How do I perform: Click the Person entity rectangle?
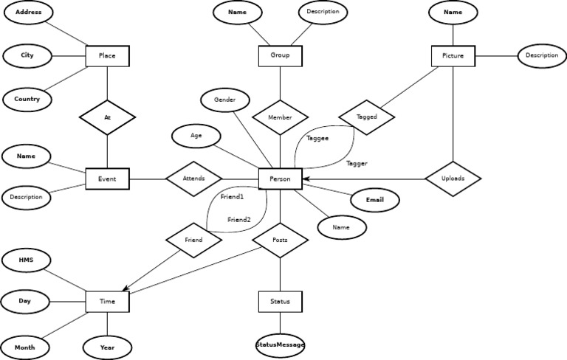point(280,179)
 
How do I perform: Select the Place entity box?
point(107,55)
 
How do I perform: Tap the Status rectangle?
point(280,301)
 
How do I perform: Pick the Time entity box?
point(107,301)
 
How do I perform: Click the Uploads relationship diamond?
point(453,178)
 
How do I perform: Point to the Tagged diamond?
point(367,117)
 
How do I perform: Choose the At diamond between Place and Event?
point(107,117)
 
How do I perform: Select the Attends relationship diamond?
point(193,179)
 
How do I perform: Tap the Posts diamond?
point(280,240)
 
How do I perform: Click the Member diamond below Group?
point(280,117)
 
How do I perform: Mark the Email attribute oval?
point(374,200)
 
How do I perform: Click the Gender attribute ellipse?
point(225,100)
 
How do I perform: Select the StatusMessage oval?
point(280,345)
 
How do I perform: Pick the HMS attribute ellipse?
point(27,260)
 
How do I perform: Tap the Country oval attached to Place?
point(27,99)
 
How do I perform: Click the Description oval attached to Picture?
point(542,55)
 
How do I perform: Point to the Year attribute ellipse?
point(107,347)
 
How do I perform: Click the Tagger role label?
point(357,163)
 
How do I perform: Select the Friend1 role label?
point(232,197)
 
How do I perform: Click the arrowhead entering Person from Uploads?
point(305,179)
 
